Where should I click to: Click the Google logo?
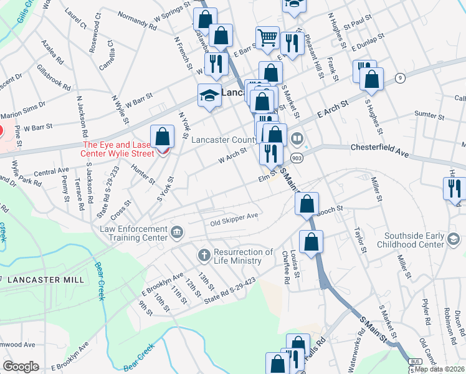[21, 367]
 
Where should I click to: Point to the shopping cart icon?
[268, 37]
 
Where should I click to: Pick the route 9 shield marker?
[399, 77]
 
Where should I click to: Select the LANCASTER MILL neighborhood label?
[43, 280]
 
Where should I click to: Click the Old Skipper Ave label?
[234, 219]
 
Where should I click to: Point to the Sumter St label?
[428, 115]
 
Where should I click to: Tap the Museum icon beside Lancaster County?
[298, 139]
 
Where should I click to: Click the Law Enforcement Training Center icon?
[176, 233]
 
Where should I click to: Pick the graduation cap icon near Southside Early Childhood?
[454, 239]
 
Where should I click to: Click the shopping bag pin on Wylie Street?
[162, 137]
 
